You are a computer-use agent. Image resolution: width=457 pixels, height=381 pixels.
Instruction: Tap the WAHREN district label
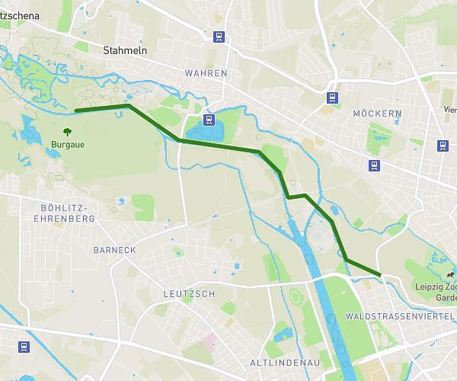click(x=206, y=73)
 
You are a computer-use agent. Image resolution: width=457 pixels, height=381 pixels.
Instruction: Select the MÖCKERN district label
click(x=377, y=114)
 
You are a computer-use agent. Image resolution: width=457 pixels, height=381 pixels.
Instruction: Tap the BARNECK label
click(x=114, y=250)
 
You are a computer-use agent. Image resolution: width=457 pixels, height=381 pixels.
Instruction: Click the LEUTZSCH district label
click(x=189, y=293)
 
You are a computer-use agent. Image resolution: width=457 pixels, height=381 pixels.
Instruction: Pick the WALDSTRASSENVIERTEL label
click(x=400, y=315)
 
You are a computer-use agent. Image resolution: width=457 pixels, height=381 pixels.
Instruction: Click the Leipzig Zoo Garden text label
click(x=435, y=293)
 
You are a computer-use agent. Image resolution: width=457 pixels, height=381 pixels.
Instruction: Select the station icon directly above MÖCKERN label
click(x=332, y=98)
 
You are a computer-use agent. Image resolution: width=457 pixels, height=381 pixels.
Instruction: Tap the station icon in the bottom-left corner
click(x=24, y=347)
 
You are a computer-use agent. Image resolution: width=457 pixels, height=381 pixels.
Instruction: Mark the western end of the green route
click(x=75, y=111)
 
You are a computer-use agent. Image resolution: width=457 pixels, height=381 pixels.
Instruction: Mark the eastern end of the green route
click(x=380, y=274)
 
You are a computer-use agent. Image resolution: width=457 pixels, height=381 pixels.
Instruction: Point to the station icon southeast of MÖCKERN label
click(x=373, y=165)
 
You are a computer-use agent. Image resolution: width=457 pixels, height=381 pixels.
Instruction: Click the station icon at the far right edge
click(x=443, y=146)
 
